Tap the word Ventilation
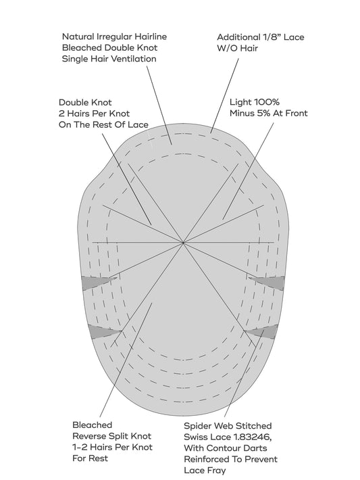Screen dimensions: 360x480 click(x=134, y=59)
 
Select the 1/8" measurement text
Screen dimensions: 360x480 click(x=272, y=37)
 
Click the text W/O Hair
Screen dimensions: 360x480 click(x=237, y=49)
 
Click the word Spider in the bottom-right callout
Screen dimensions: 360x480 click(x=197, y=426)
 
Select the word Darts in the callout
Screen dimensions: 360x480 click(x=256, y=448)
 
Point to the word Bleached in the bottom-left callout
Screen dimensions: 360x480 click(x=93, y=425)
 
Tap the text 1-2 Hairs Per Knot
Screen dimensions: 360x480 click(x=112, y=448)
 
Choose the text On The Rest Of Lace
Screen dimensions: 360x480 click(x=103, y=124)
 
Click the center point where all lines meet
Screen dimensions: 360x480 click(x=183, y=243)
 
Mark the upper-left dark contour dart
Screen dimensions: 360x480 click(x=95, y=282)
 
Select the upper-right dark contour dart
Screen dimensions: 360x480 click(x=269, y=282)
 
